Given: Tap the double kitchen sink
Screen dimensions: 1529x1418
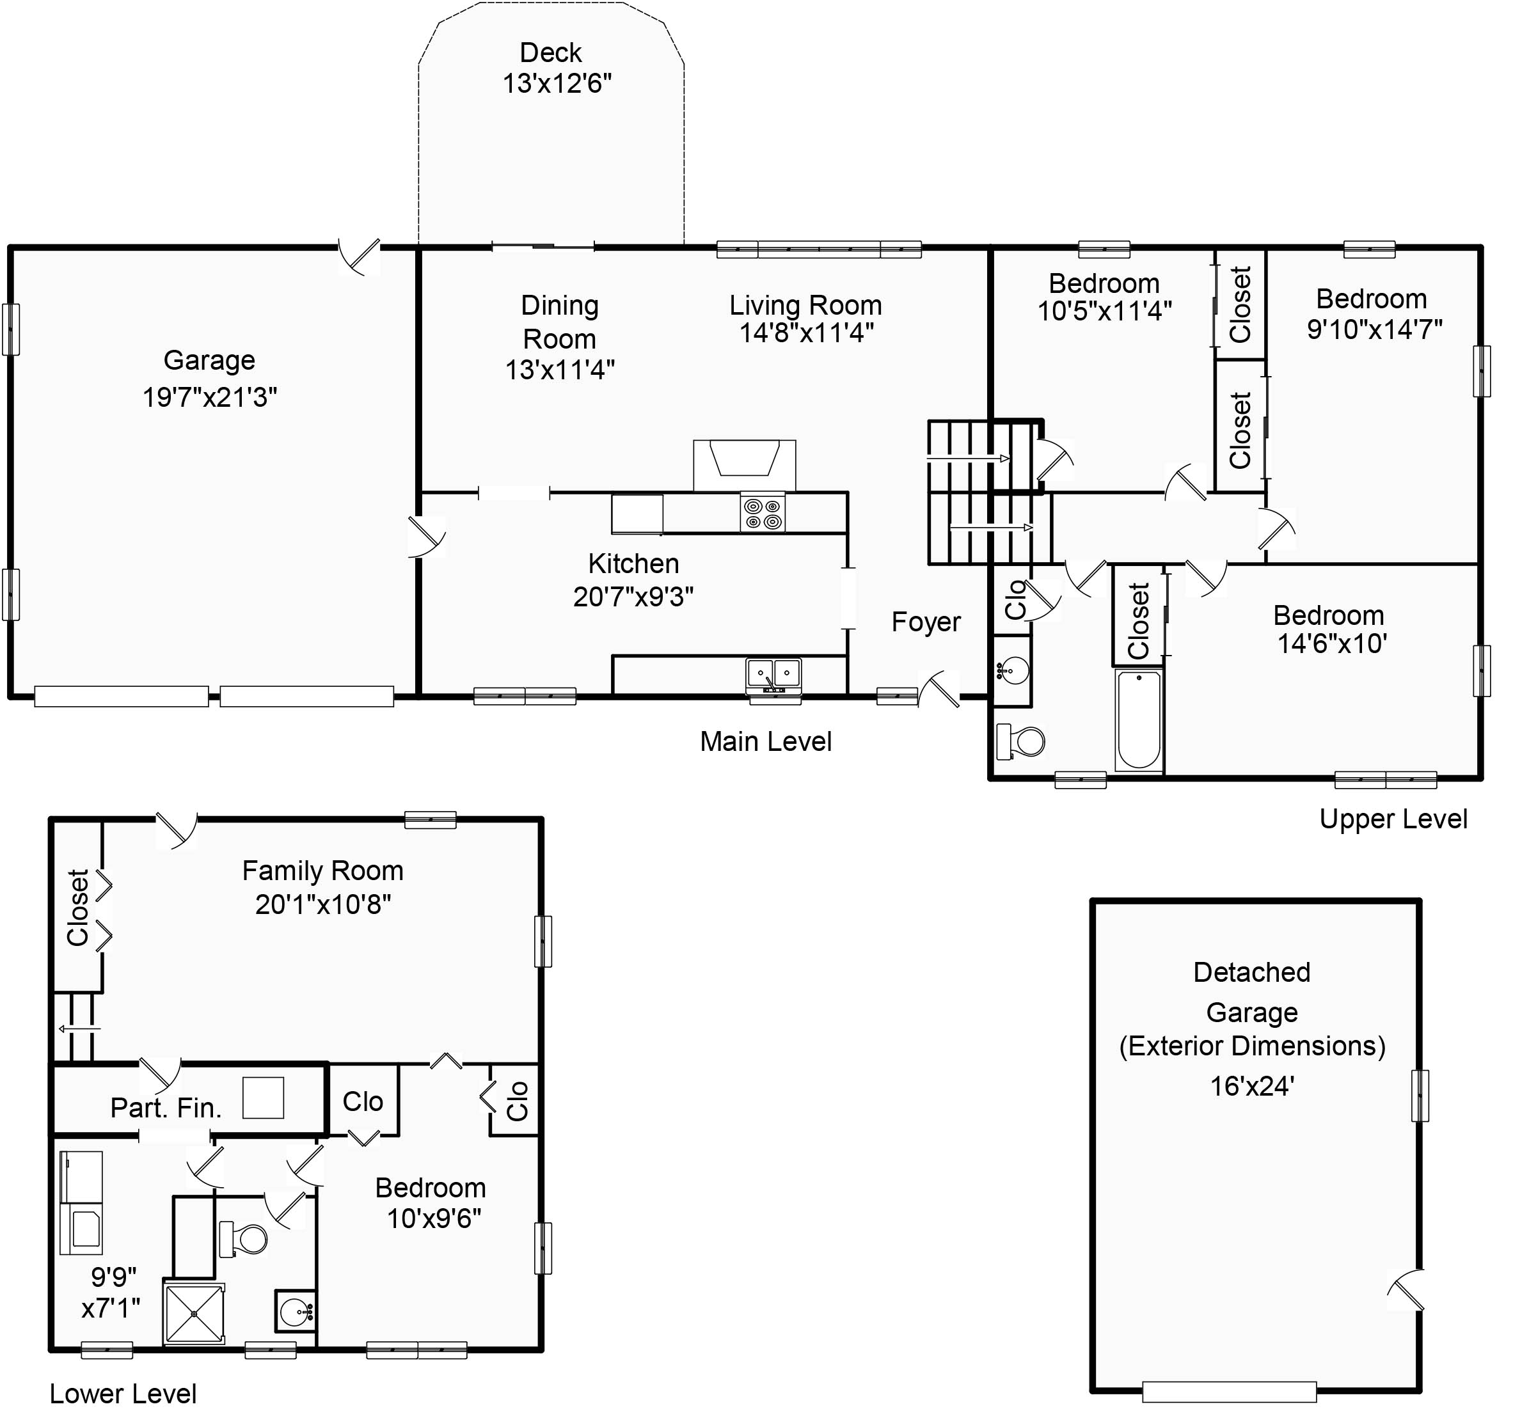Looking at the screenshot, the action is tap(773, 674).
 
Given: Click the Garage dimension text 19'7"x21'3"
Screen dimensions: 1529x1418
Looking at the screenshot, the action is tap(210, 397).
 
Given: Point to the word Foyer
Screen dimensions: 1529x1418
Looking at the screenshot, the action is tap(926, 622).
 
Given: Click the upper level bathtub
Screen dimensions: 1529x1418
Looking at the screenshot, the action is tap(1138, 720).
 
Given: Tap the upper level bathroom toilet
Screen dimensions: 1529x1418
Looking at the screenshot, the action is tap(1020, 741).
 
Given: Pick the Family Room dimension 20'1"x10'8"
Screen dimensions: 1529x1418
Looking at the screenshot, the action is tap(322, 904).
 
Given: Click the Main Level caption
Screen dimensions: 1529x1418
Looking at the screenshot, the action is tap(765, 741).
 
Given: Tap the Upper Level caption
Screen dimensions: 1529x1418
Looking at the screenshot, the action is tap(1393, 819).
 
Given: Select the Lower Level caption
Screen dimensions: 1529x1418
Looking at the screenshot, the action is tap(123, 1394).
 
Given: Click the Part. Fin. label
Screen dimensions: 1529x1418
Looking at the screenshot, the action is tap(166, 1107).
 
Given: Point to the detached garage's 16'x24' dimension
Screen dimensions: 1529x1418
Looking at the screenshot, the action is tap(1252, 1086).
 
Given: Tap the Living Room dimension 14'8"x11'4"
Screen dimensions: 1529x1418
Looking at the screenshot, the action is tap(807, 332).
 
